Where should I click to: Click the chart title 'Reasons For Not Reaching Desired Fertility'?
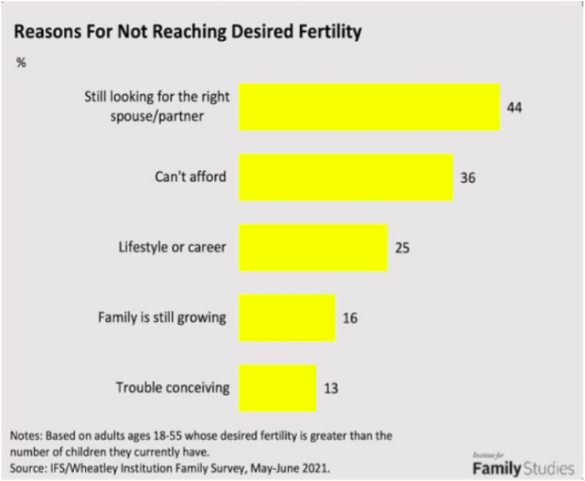187,31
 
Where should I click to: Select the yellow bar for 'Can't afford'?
346,176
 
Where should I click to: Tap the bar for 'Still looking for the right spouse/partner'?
369,106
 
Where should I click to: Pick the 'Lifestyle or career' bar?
314,248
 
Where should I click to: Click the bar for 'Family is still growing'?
287,318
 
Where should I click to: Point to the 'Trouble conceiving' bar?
278,388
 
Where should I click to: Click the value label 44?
515,106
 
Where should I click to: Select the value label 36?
468,177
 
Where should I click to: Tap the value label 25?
402,248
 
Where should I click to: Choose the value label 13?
331,388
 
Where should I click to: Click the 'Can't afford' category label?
190,176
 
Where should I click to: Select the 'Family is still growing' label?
163,318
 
